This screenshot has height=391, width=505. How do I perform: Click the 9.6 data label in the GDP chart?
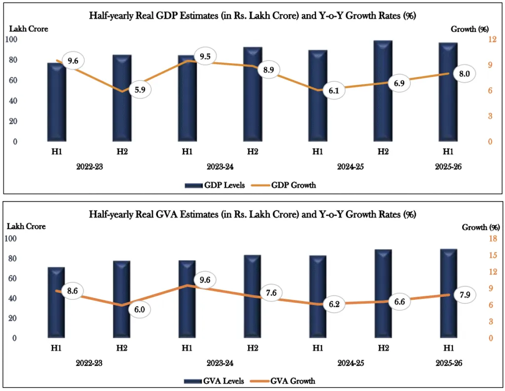coord(73,62)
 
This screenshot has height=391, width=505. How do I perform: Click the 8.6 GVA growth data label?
coord(72,291)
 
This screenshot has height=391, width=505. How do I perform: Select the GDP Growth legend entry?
coord(287,185)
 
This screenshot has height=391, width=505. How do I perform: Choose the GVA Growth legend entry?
coord(286,381)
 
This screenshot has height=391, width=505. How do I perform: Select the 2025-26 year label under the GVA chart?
coord(448,363)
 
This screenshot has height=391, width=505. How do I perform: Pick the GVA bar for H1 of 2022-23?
coord(56,302)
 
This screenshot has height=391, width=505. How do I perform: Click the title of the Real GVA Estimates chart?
coord(252,214)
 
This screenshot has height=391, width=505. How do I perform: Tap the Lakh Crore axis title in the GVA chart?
coord(26,226)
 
